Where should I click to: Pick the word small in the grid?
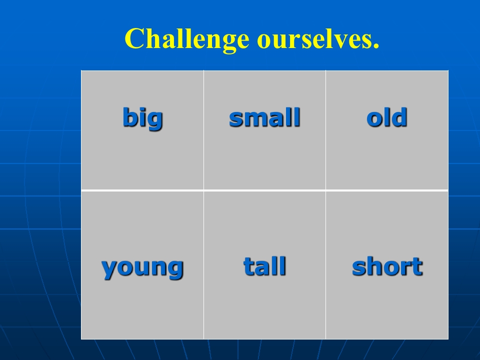click(265, 117)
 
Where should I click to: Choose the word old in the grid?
click(387, 117)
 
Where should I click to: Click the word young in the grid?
click(142, 268)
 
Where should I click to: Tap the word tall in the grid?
click(265, 266)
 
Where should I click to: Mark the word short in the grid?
click(387, 266)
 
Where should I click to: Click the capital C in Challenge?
click(134, 38)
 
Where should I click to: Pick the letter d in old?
click(400, 117)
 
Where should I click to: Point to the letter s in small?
click(236, 119)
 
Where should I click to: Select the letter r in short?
click(406, 268)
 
